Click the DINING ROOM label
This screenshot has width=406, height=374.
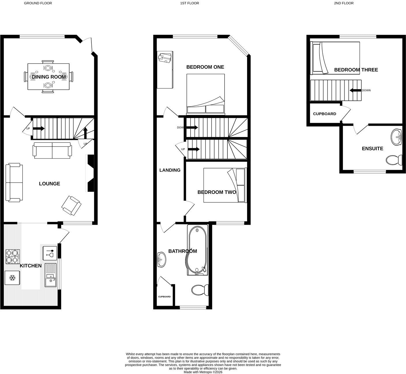tap(49, 77)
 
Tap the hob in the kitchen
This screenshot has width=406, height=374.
tap(13, 257)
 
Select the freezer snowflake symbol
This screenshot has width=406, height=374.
tap(13, 278)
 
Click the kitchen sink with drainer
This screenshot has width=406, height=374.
tap(50, 275)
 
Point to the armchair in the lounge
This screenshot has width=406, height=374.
tap(71, 206)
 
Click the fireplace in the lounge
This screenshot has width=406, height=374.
tap(90, 173)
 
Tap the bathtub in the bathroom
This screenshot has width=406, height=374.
tap(197, 250)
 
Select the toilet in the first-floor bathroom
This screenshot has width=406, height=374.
tap(200, 290)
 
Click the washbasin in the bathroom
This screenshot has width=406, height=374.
tap(161, 260)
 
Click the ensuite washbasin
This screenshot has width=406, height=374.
tap(396, 138)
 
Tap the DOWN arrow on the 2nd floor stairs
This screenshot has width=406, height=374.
tap(356, 90)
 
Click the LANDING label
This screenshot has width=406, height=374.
tap(170, 170)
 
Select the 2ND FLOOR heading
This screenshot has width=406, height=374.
tap(344, 3)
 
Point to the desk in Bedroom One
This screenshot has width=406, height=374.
tap(165, 70)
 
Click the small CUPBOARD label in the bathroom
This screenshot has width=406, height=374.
tap(164, 297)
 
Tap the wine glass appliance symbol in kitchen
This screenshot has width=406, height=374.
tap(50, 253)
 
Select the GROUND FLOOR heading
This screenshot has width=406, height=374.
tap(38, 3)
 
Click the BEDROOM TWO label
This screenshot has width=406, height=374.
tap(217, 192)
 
